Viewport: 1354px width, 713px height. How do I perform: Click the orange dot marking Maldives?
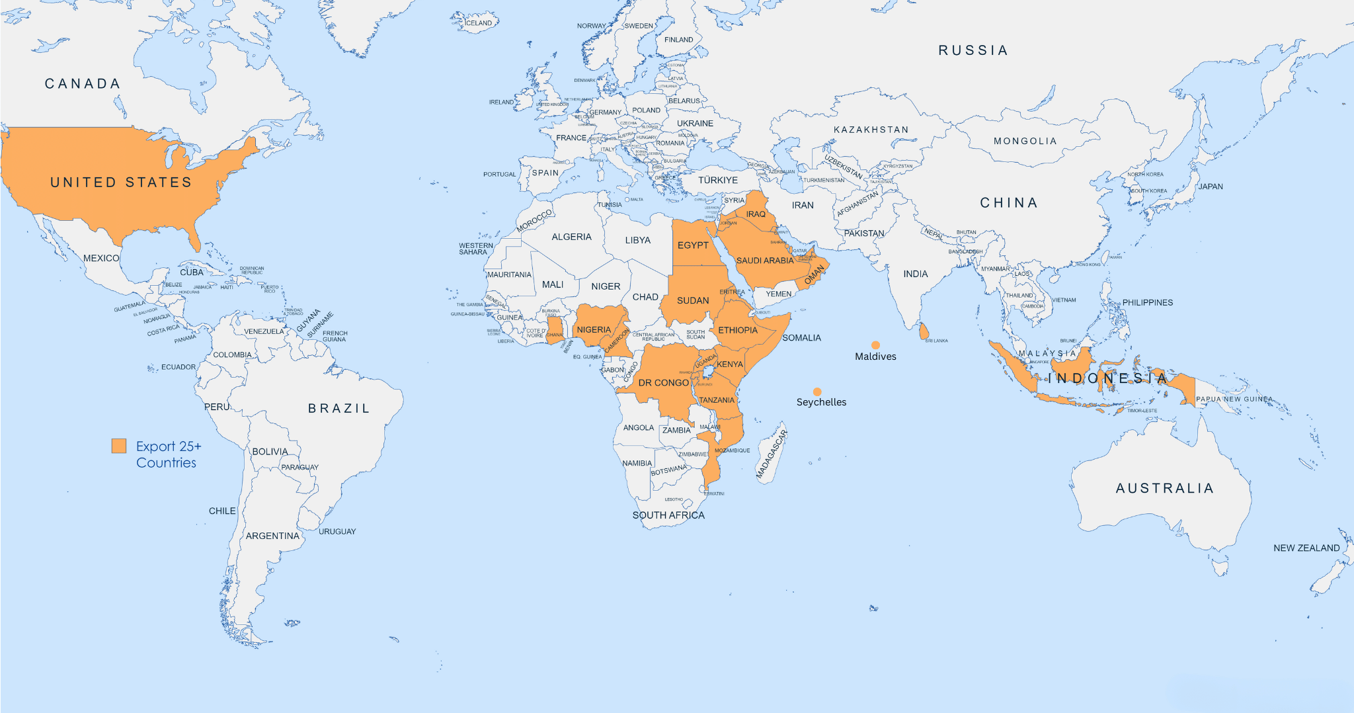pyautogui.click(x=875, y=345)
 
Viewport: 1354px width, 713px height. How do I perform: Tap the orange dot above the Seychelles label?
pyautogui.click(x=817, y=392)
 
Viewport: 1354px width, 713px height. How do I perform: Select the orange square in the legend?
pyautogui.click(x=119, y=446)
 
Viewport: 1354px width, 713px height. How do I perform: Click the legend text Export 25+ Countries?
pyautogui.click(x=168, y=454)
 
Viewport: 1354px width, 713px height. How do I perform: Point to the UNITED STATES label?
pyautogui.click(x=121, y=183)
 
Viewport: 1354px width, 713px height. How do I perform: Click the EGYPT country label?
pyautogui.click(x=693, y=245)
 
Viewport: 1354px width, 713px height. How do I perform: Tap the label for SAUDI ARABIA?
pyautogui.click(x=765, y=261)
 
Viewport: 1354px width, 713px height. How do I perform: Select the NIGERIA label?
pyautogui.click(x=594, y=329)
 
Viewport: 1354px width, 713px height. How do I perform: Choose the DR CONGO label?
pyautogui.click(x=663, y=383)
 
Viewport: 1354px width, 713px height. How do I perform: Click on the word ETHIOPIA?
pyautogui.click(x=738, y=330)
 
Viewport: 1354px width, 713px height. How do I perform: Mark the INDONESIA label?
pyautogui.click(x=1108, y=378)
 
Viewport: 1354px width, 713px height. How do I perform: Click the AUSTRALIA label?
pyautogui.click(x=1165, y=488)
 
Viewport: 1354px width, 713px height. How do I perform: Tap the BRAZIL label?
pyautogui.click(x=339, y=409)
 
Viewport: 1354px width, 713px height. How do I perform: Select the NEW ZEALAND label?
pyautogui.click(x=1306, y=548)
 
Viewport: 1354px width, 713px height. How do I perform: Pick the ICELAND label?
pyautogui.click(x=478, y=23)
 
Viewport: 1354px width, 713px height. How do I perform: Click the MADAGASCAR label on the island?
pyautogui.click(x=772, y=454)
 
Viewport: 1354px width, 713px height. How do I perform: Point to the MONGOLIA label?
pyautogui.click(x=1025, y=141)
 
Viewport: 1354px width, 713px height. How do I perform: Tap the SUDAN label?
pyautogui.click(x=693, y=300)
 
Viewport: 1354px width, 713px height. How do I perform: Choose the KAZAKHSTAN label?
pyautogui.click(x=871, y=130)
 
